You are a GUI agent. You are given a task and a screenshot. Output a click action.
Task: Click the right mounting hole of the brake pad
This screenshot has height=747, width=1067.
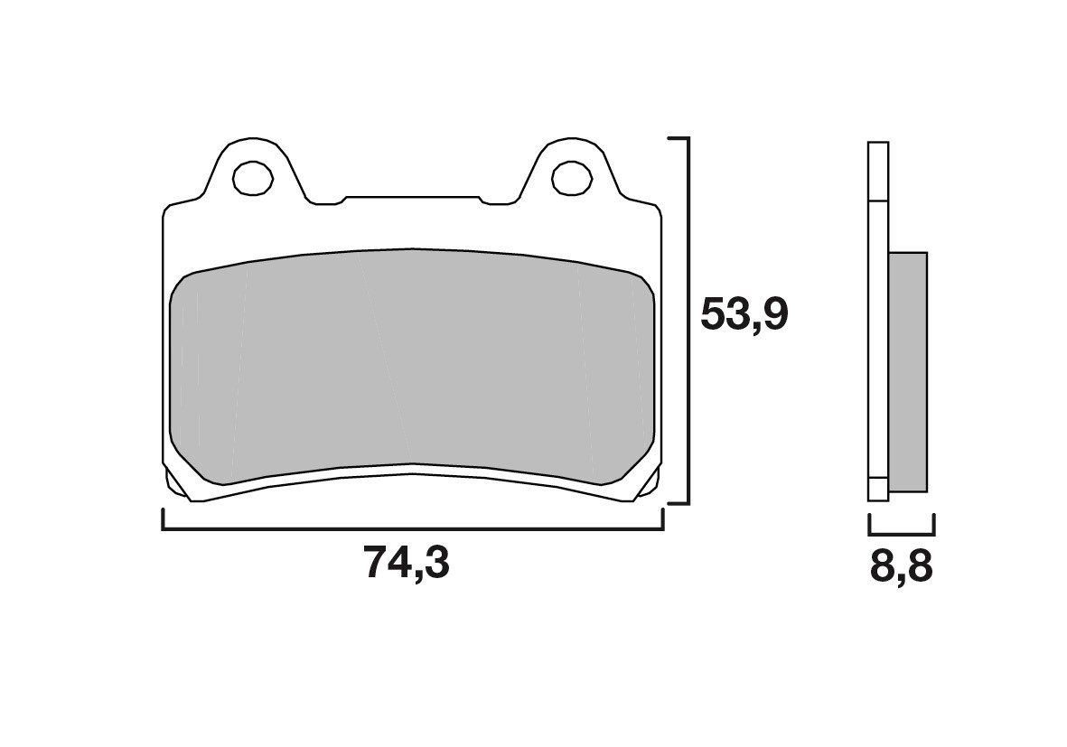571,177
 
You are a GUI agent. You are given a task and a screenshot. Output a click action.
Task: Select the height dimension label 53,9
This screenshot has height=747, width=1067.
744,315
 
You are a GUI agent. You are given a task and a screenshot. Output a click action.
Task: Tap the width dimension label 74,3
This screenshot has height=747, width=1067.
407,564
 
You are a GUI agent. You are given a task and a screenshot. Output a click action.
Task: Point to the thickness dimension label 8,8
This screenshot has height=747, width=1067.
901,568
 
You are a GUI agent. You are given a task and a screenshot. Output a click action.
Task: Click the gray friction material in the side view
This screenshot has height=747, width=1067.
908,371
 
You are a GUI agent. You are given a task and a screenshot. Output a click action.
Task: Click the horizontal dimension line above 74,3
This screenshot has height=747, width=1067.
412,529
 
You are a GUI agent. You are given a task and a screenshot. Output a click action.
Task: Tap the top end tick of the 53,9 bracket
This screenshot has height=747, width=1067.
678,139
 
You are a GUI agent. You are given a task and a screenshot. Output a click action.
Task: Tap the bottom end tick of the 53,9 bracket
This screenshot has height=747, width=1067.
678,502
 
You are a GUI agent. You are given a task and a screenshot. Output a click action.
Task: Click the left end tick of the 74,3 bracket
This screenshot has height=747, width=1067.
163,519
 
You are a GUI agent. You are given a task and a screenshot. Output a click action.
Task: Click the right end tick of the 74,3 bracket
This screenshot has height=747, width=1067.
662,519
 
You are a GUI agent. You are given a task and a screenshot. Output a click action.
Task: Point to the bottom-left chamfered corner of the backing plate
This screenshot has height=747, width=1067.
176,484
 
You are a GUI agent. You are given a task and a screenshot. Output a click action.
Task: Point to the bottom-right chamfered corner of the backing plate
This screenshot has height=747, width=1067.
649,484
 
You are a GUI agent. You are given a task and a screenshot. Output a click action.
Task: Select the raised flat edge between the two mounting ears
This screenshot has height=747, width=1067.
412,197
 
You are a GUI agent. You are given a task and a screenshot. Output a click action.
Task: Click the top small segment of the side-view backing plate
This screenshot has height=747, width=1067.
877,171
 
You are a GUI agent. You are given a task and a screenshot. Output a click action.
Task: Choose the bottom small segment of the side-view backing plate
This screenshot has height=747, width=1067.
877,489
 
